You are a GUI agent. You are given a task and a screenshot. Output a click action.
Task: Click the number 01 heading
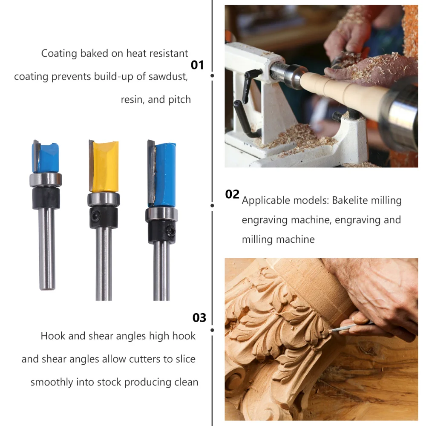point(197,65)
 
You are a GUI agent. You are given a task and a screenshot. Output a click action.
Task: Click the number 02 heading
point(232,194)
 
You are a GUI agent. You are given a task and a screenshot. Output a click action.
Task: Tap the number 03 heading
point(199,318)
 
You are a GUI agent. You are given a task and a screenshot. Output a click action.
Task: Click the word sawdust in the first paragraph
point(168,77)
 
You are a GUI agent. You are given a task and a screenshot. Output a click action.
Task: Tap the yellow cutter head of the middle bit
point(104,166)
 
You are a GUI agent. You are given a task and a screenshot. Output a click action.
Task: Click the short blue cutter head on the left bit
point(46,156)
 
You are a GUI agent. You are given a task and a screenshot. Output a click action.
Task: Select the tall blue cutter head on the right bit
point(162,174)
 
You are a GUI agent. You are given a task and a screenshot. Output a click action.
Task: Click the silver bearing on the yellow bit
point(104,199)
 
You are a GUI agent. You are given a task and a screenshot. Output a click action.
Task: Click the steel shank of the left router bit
point(47,249)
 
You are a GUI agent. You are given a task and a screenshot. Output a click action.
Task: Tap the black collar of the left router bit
point(46,199)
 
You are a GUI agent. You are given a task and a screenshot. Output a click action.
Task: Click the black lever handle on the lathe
point(249,85)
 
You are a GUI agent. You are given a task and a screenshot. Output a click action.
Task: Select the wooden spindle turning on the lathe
point(344,92)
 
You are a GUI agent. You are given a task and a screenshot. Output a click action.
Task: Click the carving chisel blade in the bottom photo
point(345,327)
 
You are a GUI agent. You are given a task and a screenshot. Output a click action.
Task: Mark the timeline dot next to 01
point(212,75)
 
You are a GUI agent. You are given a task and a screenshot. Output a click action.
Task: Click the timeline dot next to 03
point(212,330)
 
